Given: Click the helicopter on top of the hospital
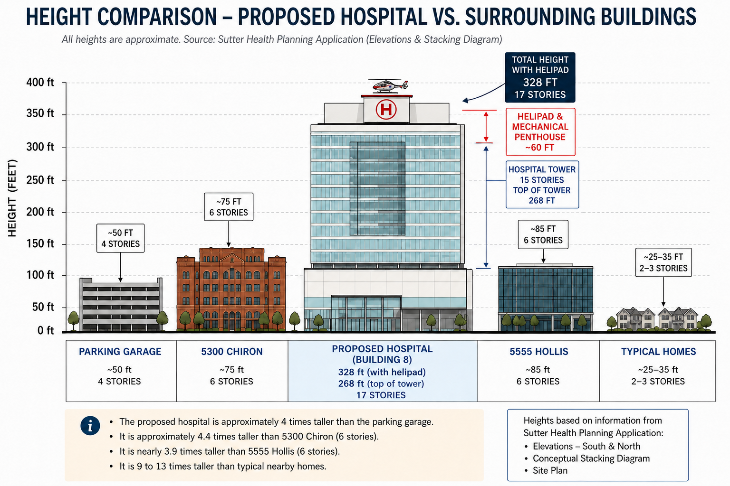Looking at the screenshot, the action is coord(388,86).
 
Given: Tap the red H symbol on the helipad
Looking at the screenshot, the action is coord(386,109).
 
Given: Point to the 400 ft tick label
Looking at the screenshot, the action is coord(40,83).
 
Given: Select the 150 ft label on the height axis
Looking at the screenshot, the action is coord(40,243).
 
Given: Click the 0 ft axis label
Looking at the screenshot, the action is coord(46,330).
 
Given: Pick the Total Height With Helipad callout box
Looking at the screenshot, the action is coord(540,77).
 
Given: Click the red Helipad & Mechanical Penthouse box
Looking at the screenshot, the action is coord(540,132).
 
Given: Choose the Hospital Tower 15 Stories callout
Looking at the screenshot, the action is coord(542,185).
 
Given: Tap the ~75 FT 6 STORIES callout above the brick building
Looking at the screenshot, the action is coord(229,207).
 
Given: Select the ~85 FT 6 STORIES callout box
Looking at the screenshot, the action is coord(543,234).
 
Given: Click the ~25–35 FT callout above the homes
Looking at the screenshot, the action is coord(663,262).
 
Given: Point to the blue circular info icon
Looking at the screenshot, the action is coord(90,426).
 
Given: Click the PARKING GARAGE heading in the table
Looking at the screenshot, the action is coord(120,352).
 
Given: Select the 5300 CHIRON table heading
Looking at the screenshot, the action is coord(232,352).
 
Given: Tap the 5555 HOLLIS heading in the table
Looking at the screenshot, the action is coord(538,352).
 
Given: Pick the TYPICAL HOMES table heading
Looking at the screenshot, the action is coord(658,352).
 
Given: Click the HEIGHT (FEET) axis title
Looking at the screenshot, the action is coord(12,198).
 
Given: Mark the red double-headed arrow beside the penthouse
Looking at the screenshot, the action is coord(486,127).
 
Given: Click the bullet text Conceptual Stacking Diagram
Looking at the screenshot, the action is coord(591,458).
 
